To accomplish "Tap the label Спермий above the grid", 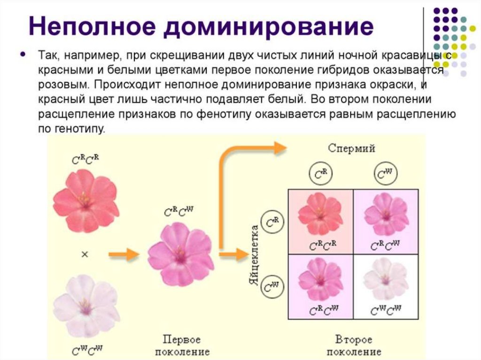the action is click(x=351, y=149).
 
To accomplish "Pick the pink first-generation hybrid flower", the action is click(x=180, y=254).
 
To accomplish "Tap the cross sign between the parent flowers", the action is click(x=85, y=254).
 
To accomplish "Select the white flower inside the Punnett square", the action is click(x=386, y=280).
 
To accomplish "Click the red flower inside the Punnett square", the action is click(x=320, y=214).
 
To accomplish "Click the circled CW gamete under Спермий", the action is click(x=385, y=175).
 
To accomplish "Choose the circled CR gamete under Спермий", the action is click(x=320, y=175).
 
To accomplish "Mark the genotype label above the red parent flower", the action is click(x=85, y=159).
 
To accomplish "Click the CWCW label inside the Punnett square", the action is click(x=386, y=310).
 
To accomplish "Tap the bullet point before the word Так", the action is click(x=23, y=54).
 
